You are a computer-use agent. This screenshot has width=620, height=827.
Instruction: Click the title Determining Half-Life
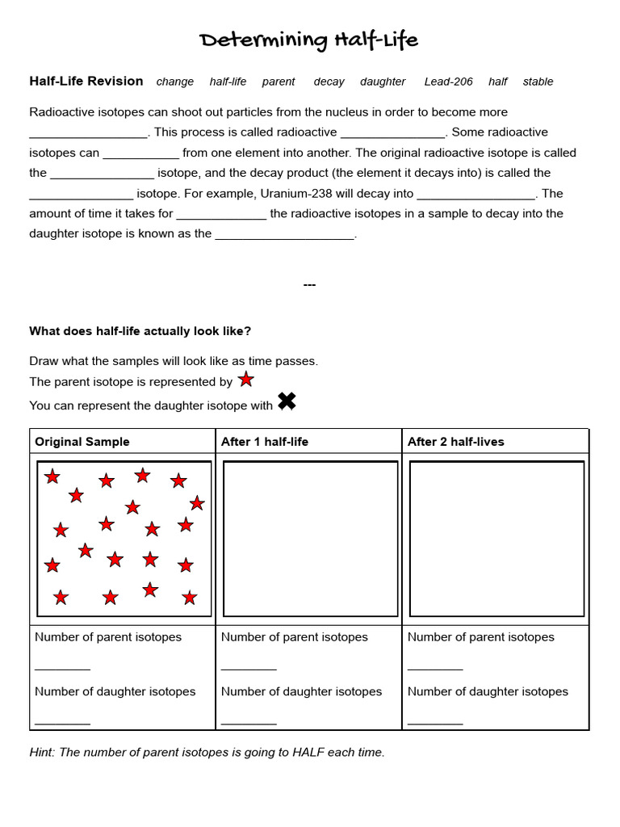309,40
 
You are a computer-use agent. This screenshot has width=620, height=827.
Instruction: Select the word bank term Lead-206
448,82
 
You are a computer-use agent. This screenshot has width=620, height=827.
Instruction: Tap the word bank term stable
538,82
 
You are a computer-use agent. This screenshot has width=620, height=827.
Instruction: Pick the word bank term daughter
383,82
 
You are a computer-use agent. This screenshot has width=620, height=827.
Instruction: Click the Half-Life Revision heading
86,81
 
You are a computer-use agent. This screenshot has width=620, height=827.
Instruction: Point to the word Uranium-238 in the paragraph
283,193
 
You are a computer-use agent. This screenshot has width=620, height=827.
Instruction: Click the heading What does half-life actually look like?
140,331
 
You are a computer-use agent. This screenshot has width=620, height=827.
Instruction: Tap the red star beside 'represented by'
246,380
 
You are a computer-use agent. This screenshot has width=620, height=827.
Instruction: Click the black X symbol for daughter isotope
287,401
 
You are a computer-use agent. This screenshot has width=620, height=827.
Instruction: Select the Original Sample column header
82,442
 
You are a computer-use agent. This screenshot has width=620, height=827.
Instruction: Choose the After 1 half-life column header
265,442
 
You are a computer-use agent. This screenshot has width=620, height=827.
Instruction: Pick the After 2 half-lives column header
455,442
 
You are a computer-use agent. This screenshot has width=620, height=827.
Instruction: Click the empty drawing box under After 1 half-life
310,538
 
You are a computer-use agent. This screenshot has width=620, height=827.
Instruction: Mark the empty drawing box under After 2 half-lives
496,538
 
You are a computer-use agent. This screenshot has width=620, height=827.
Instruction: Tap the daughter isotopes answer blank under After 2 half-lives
435,720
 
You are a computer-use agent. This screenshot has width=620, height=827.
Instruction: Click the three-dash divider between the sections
309,284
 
